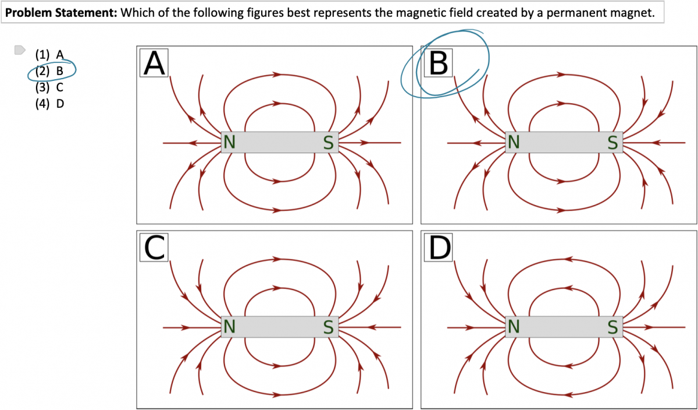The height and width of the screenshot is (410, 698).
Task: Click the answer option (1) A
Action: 49,55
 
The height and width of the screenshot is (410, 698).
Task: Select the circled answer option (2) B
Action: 49,72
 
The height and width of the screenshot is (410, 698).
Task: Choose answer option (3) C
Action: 49,88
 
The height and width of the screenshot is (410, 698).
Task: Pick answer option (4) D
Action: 49,104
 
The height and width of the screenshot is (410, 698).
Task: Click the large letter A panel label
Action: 154,63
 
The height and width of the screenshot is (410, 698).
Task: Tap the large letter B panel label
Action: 438,63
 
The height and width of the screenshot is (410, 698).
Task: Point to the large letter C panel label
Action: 154,248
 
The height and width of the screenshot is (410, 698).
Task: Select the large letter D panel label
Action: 438,248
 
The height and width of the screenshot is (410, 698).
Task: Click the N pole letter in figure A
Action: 229,143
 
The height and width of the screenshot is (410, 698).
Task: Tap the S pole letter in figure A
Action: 329,143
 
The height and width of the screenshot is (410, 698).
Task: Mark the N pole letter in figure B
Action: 513,143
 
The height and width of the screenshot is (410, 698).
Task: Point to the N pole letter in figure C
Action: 229,327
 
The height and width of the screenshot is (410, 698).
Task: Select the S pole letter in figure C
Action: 329,327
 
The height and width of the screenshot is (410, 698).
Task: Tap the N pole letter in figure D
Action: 513,327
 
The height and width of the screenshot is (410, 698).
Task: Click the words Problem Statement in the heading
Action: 60,13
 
